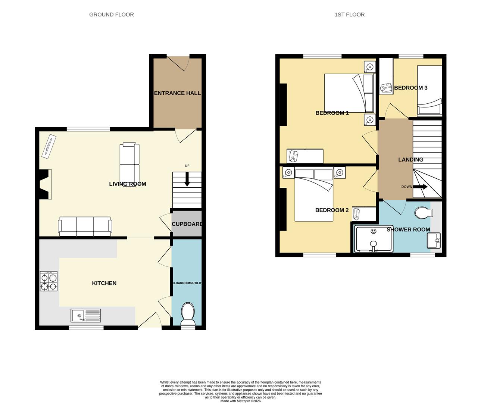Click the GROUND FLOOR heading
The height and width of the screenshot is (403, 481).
[x=111, y=15]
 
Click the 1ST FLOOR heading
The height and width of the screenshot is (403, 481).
[x=349, y=15]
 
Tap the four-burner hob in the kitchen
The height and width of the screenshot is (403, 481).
[x=49, y=281]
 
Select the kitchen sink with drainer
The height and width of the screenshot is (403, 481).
[x=86, y=316]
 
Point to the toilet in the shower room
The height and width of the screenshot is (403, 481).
[x=424, y=213]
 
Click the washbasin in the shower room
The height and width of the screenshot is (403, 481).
[x=434, y=240]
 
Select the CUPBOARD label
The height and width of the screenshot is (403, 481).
[x=187, y=224]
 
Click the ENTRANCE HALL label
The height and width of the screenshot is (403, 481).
[x=177, y=93]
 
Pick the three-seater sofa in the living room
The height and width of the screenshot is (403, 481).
[x=85, y=226]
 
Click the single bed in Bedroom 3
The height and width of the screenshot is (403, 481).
[x=430, y=90]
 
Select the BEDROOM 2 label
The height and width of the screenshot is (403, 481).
[x=332, y=210]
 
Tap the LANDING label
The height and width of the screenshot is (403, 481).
[x=410, y=159]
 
